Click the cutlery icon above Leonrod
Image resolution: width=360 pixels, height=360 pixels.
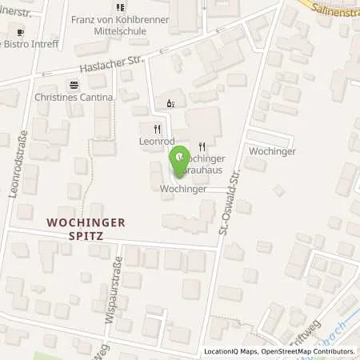(157, 128)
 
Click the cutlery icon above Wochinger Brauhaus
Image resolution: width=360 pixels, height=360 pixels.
(202, 146)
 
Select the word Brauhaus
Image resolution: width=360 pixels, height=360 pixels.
(207, 170)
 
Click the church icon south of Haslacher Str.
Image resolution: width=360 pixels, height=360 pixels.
(169, 102)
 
